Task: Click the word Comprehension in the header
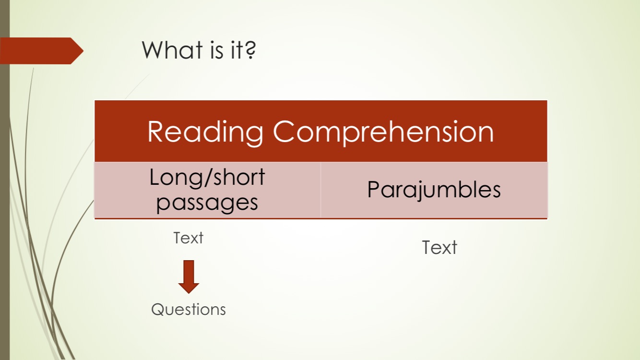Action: pyautogui.click(x=383, y=132)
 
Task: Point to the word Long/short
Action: pyautogui.click(x=207, y=178)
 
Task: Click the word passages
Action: pyautogui.click(x=207, y=202)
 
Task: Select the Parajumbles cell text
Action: pyautogui.click(x=434, y=190)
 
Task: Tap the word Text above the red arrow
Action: pyautogui.click(x=188, y=238)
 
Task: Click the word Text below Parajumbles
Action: pyautogui.click(x=439, y=248)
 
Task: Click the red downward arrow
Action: pyautogui.click(x=189, y=276)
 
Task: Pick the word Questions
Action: pyautogui.click(x=188, y=309)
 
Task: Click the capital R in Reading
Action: pyautogui.click(x=157, y=132)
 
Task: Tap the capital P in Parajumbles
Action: pyautogui.click(x=374, y=190)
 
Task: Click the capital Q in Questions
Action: pyautogui.click(x=158, y=310)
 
